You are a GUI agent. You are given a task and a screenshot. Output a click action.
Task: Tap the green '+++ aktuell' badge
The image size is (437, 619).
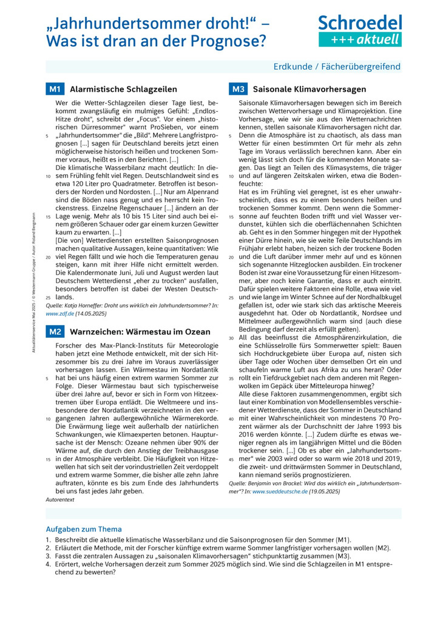tap(361, 39)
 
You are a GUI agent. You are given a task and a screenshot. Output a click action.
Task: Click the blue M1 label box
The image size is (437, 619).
tap(55, 89)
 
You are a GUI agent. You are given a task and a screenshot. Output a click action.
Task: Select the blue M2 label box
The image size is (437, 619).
tap(55, 332)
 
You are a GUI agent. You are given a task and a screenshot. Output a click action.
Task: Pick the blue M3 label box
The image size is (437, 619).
tap(237, 89)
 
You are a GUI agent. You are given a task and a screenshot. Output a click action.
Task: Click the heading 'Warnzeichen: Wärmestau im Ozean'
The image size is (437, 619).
tap(140, 332)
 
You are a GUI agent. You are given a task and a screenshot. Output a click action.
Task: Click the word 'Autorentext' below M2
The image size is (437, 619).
tap(60, 499)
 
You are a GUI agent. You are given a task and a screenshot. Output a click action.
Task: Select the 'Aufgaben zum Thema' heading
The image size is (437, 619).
tap(84, 529)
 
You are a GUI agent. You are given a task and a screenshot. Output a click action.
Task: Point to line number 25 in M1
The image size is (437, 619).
tap(48, 298)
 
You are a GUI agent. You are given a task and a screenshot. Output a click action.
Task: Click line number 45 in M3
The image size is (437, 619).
tap(231, 459)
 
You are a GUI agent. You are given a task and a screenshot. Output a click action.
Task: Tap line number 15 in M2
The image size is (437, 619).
tap(48, 460)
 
